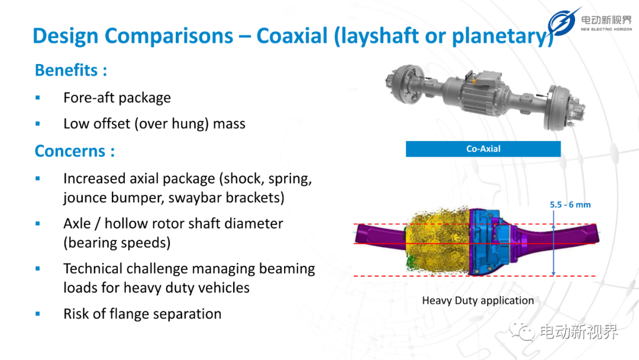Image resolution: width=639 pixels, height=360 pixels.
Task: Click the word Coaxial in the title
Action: pyautogui.click(x=292, y=36)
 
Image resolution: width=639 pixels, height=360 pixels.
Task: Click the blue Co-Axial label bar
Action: pyautogui.click(x=483, y=149)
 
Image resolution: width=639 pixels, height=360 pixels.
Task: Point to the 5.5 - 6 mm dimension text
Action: pyautogui.click(x=570, y=205)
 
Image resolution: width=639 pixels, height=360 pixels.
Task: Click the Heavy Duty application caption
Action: pyautogui.click(x=477, y=300)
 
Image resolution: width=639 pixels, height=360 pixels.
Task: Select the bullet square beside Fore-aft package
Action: pyautogui.click(x=37, y=98)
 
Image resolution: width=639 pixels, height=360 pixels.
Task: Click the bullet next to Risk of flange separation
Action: pyautogui.click(x=37, y=314)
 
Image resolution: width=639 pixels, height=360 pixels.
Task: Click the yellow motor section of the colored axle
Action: pyautogui.click(x=438, y=240)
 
